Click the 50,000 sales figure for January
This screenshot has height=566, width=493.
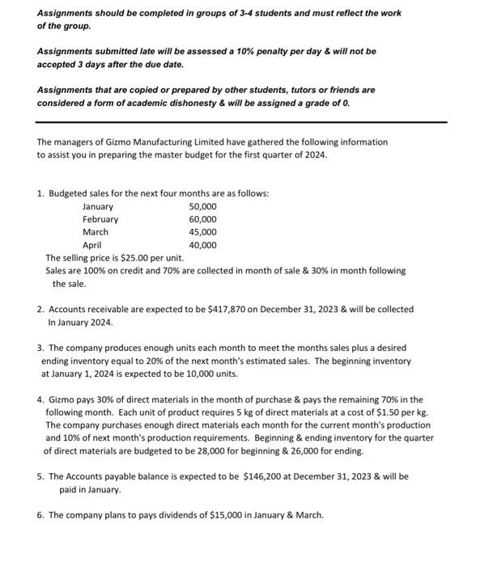(202, 206)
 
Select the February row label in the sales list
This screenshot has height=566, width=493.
(100, 219)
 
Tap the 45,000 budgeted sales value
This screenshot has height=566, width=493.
(202, 232)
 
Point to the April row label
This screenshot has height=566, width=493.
(92, 245)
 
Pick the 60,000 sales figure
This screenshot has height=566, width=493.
(202, 219)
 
